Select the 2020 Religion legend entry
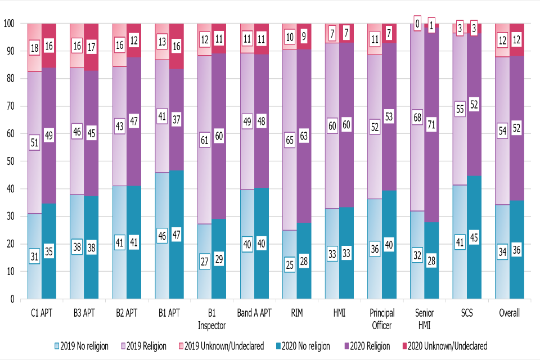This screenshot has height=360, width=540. [369, 346]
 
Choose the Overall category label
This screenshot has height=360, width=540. [510, 313]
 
